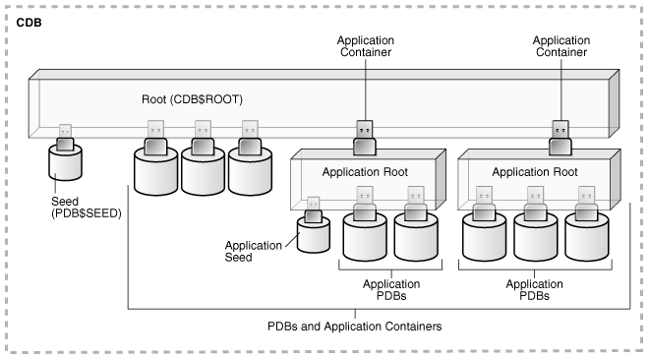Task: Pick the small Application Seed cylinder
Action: (314, 237)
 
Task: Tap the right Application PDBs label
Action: (534, 287)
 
